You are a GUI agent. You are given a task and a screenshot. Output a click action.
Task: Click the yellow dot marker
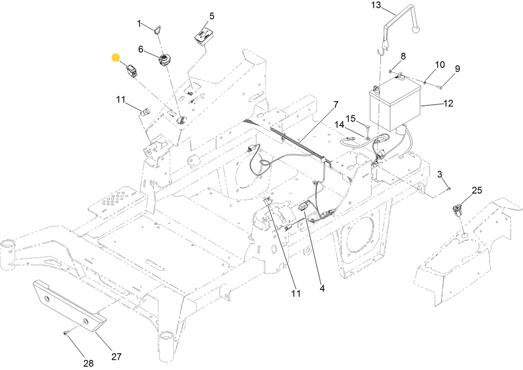[115, 57]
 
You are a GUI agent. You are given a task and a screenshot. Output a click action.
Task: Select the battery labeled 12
[395, 103]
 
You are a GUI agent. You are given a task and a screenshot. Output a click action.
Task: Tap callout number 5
[212, 16]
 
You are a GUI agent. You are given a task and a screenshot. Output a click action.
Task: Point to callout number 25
[477, 190]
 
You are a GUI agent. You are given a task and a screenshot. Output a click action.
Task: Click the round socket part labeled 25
[457, 210]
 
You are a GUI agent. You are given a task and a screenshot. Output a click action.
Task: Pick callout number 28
[88, 363]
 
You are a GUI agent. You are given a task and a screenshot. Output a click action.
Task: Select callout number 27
[116, 357]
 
